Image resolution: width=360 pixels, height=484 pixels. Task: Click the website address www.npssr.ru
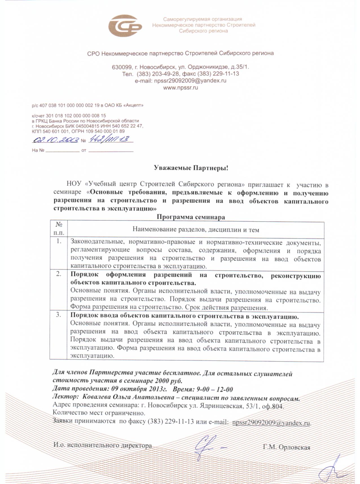tap(181, 88)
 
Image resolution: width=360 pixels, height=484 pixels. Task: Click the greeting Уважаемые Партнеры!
tap(191, 168)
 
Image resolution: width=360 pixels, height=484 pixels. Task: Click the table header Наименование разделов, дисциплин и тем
tap(196, 230)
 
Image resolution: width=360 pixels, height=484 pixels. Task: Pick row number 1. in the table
tap(59, 241)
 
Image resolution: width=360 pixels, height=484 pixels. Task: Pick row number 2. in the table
tap(59, 274)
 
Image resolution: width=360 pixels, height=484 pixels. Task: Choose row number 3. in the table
tap(59, 315)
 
